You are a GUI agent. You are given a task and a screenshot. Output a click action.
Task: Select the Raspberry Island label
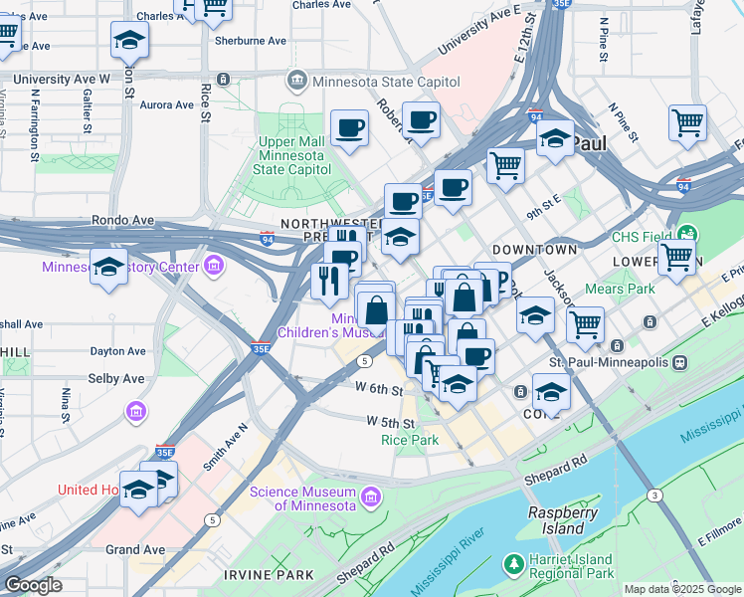[x=563, y=520]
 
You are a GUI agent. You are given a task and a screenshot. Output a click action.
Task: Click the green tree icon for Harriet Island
[x=514, y=564]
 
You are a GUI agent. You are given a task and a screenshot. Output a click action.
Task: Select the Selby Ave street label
[x=116, y=379]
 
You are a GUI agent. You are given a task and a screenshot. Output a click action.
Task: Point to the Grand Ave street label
[x=135, y=549]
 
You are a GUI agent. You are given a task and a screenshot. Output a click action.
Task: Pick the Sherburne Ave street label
[x=250, y=41]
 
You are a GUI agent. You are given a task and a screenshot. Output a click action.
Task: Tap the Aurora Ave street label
[x=167, y=103]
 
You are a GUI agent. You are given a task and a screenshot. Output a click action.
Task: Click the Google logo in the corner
[x=33, y=585]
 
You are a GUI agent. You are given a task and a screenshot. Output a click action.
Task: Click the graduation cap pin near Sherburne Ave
[x=128, y=41]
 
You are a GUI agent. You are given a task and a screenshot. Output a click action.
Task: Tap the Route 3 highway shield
[x=654, y=495]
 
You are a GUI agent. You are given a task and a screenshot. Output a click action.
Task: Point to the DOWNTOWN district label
[x=534, y=249]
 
